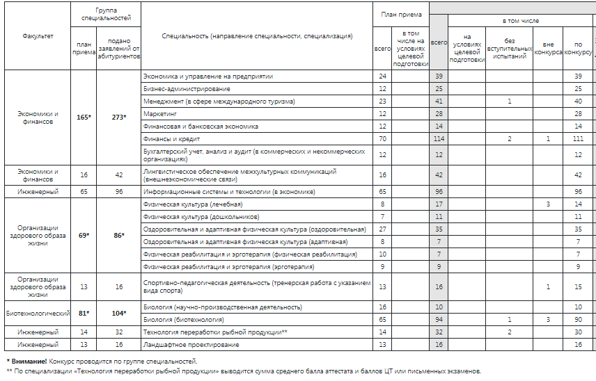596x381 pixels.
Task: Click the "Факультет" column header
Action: (38, 35)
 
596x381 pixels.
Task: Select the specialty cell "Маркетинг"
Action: (158, 113)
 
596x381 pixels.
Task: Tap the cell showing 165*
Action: (84, 117)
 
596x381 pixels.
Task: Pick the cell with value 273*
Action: (119, 117)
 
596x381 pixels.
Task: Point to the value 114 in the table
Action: (439, 139)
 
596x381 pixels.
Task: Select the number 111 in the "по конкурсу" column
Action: (578, 139)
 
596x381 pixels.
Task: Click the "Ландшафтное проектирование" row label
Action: (191, 345)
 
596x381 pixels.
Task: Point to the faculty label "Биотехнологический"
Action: (38, 314)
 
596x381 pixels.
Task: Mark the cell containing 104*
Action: (119, 314)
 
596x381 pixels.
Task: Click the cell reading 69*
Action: (84, 236)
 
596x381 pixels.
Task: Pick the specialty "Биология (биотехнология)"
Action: (183, 320)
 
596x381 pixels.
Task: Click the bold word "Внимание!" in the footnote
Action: (27, 361)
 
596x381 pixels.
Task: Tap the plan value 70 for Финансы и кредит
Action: (382, 139)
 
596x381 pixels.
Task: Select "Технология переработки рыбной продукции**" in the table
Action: (214, 332)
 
